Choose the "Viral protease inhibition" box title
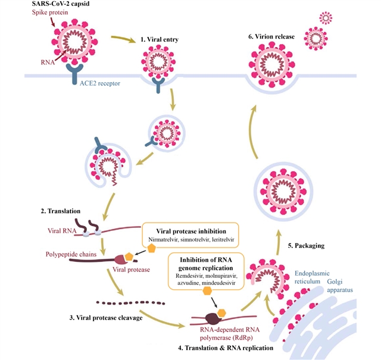click(x=189, y=231)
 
